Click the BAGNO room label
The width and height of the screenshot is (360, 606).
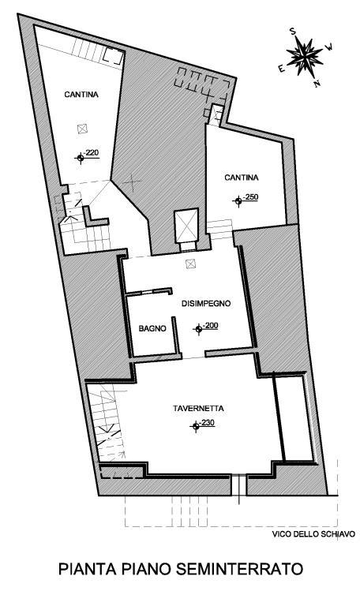(x=152, y=328)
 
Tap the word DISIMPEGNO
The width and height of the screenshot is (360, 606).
(x=206, y=303)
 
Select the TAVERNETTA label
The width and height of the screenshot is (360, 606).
(x=198, y=408)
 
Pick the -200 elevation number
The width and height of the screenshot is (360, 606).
(x=211, y=325)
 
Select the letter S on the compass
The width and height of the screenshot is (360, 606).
(x=293, y=32)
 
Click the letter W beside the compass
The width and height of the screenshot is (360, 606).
(x=330, y=47)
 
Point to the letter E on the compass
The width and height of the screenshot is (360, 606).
(x=281, y=69)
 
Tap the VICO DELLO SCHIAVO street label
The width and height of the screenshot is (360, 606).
(x=313, y=534)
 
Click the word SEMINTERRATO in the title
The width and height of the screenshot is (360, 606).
(x=239, y=569)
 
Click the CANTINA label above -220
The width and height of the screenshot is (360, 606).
(x=81, y=95)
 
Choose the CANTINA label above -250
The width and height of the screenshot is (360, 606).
(x=242, y=178)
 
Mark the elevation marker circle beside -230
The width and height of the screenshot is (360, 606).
(x=196, y=426)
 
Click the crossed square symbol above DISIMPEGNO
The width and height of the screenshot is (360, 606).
(x=190, y=264)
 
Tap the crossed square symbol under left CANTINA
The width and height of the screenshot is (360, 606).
(x=83, y=129)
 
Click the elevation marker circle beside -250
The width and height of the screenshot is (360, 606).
(x=238, y=200)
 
